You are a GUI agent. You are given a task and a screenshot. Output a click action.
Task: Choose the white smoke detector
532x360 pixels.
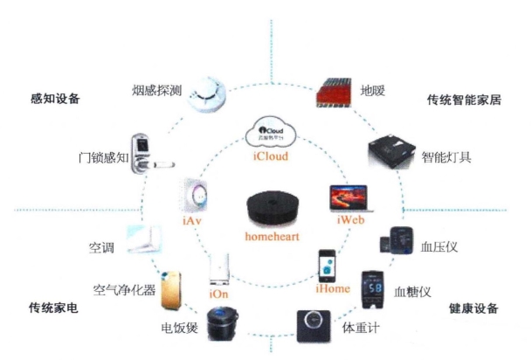coord(208,90)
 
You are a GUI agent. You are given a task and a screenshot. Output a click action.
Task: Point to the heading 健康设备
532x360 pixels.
coord(475,308)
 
